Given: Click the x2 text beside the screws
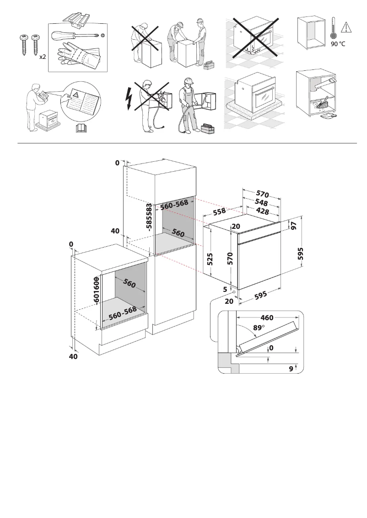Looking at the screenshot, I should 42,58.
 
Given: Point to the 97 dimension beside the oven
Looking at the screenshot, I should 293,225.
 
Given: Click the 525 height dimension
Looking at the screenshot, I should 210,259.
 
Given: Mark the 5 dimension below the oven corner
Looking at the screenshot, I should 225,289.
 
